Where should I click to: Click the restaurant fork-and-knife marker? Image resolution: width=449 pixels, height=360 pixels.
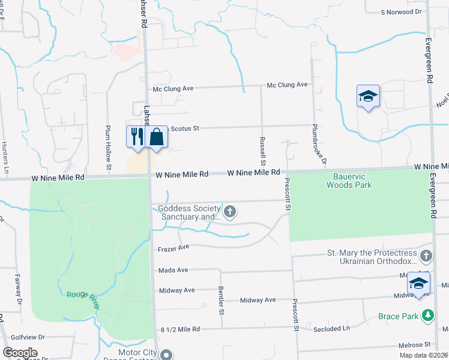point(135,137)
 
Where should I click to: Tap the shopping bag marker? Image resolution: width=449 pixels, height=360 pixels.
point(156,137)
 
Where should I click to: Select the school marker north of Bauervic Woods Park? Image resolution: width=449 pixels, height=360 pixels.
point(368,96)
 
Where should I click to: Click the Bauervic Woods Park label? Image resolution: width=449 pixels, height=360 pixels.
point(349,181)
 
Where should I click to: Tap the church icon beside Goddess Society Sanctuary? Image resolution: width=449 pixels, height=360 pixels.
point(229,211)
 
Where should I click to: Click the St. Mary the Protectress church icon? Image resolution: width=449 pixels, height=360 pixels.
point(426,257)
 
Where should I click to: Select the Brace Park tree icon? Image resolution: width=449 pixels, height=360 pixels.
point(427,315)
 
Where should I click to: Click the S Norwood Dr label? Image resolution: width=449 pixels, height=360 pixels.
point(403,12)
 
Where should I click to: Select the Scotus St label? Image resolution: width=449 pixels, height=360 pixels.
point(184,128)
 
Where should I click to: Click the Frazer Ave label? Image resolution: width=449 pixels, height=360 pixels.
point(174,248)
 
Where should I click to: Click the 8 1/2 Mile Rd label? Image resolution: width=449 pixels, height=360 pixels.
point(179,329)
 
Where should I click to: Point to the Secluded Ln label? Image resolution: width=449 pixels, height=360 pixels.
point(331,328)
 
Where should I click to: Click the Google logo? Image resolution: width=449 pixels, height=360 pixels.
point(20,353)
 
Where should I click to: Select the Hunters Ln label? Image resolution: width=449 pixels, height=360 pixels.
point(5,151)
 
